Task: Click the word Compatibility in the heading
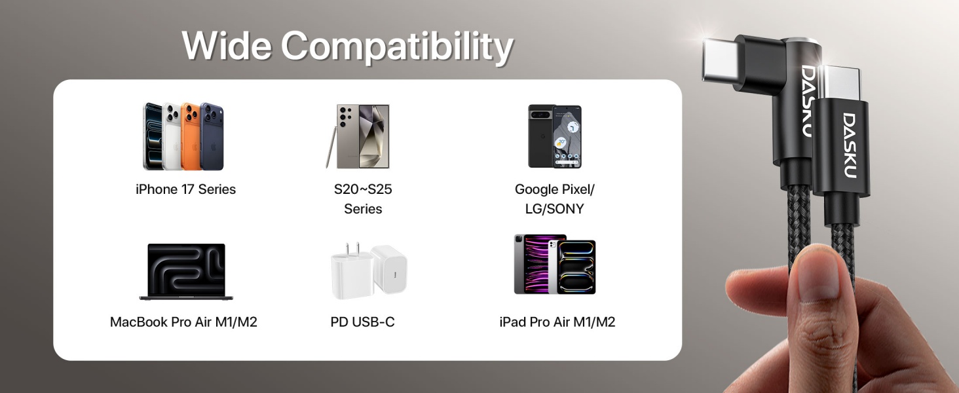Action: (397, 47)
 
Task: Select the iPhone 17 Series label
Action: (185, 189)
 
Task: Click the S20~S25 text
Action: (363, 189)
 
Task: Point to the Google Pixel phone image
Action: (555, 136)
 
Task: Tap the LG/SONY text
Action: (554, 209)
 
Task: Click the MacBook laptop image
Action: (186, 271)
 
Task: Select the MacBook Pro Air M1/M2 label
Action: (183, 322)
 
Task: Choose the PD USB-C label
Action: (362, 322)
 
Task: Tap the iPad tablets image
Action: (555, 265)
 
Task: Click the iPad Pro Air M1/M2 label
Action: (557, 322)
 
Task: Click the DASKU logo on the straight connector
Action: (849, 145)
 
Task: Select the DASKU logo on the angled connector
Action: (808, 100)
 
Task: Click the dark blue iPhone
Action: (212, 136)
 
